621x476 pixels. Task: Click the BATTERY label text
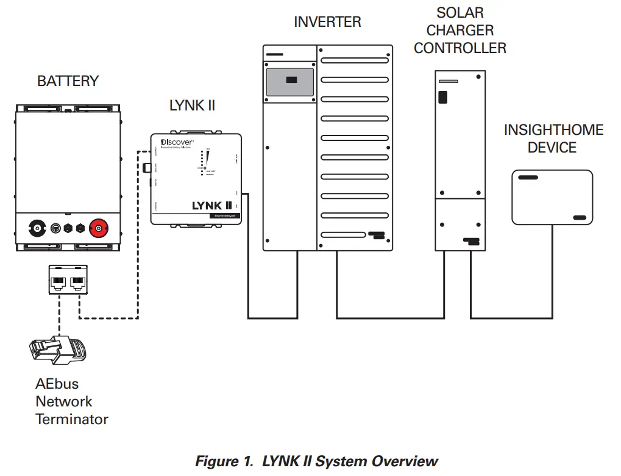click(68, 81)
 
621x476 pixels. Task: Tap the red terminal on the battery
click(97, 229)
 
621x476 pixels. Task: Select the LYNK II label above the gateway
click(192, 106)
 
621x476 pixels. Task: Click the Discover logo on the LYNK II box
click(177, 142)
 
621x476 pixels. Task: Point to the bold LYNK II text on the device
click(211, 205)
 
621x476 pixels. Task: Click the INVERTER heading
click(327, 22)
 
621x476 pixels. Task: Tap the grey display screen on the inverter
click(290, 82)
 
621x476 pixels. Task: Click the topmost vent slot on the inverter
click(355, 61)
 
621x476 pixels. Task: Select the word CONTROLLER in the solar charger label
click(460, 48)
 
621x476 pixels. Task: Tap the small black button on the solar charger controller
click(443, 96)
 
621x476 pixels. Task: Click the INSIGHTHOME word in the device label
click(553, 130)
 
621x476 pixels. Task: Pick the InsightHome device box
click(552, 197)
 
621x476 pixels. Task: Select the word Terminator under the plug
click(72, 419)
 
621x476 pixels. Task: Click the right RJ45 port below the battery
click(77, 281)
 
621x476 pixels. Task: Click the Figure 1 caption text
click(316, 461)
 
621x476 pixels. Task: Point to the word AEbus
click(57, 384)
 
